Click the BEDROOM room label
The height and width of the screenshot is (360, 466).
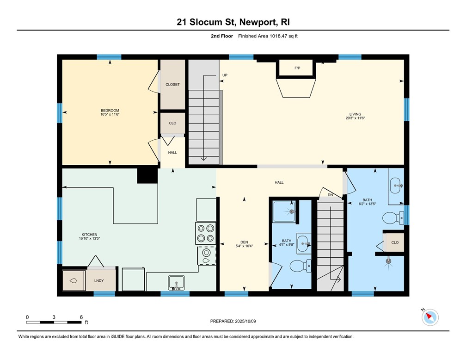click(110, 110)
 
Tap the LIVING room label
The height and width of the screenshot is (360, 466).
click(355, 114)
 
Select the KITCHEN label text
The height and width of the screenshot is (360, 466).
click(88, 235)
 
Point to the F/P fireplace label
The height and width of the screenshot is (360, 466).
click(297, 68)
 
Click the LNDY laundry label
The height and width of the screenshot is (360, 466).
click(99, 280)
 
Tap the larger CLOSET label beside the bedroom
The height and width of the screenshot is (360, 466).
click(172, 84)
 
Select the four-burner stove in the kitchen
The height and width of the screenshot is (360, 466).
click(206, 233)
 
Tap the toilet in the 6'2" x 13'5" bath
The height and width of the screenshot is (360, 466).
click(392, 217)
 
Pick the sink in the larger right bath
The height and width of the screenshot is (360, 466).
click(395, 186)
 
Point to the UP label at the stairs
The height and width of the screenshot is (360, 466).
click(225, 75)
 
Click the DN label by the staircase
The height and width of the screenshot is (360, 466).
click(330, 195)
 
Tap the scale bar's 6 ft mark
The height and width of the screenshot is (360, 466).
click(81, 317)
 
